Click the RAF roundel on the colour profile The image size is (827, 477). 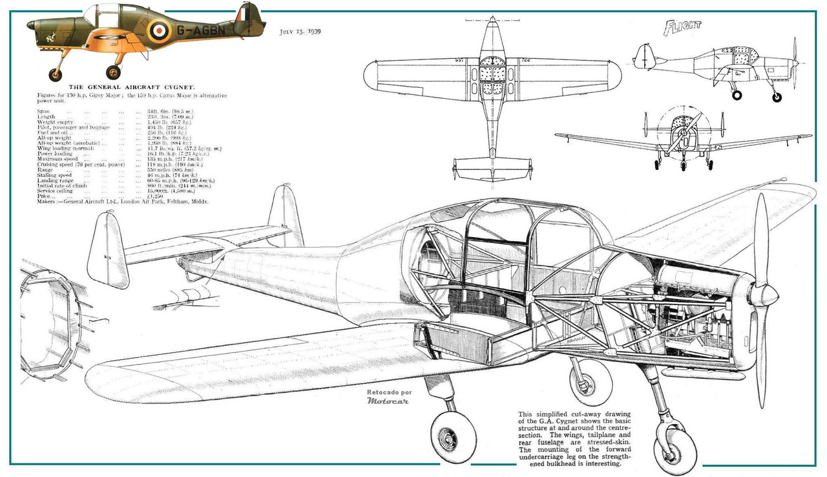tap(158, 29)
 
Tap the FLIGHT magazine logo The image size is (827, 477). tap(682, 27)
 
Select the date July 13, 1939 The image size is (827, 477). tap(300, 31)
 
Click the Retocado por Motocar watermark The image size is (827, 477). tap(389, 396)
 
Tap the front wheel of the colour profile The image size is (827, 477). tap(113, 72)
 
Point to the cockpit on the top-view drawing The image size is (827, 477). tap(493, 77)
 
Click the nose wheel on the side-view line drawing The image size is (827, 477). tap(777, 97)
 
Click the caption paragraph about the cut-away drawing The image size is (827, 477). tap(575, 438)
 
